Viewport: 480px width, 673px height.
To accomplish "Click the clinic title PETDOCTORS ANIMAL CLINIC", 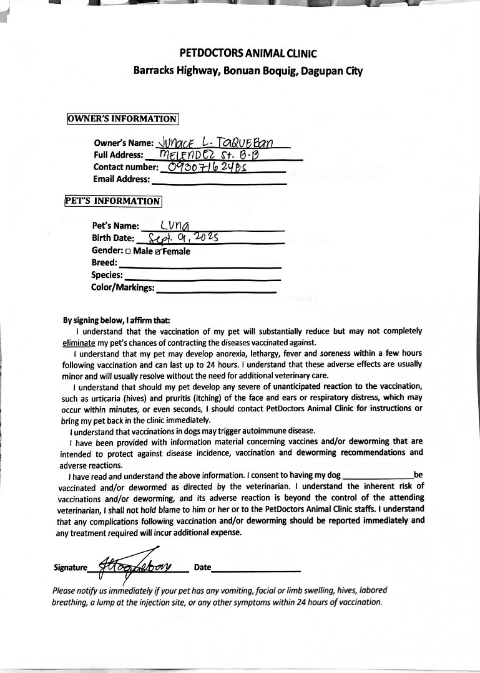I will click(248, 54).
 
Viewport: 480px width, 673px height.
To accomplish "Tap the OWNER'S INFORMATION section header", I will click(123, 119).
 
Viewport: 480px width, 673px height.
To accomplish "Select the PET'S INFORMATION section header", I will click(113, 201).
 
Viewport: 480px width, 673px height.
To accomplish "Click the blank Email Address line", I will click(219, 181).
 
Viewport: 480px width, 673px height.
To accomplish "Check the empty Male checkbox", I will click(128, 252).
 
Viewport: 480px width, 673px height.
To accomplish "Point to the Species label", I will click(107, 275).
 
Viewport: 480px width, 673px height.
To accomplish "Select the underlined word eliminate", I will click(79, 343).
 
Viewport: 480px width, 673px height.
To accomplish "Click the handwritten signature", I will click(140, 563).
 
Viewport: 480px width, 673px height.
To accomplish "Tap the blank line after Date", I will click(256, 569).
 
